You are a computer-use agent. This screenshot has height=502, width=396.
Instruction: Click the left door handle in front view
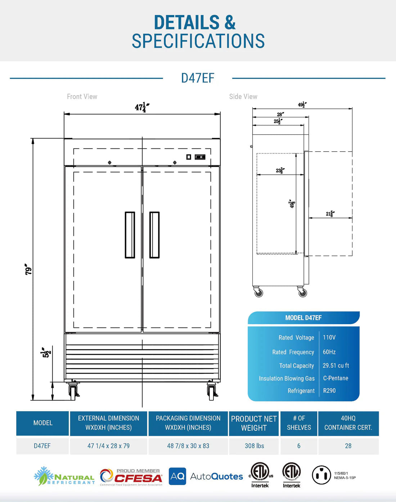(130, 235)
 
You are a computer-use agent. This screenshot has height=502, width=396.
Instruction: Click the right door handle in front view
(154, 235)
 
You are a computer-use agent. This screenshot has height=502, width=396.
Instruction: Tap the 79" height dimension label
(28, 269)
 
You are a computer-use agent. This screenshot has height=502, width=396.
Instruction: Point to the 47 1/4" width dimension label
(142, 107)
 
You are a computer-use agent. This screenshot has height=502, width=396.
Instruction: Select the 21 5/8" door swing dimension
(330, 214)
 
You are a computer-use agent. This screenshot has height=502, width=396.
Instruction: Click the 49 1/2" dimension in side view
(302, 105)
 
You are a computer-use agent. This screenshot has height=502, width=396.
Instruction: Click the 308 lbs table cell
(254, 446)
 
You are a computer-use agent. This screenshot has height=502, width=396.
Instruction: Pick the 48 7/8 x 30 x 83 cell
(188, 446)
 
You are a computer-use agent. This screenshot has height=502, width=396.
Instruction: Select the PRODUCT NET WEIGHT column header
(254, 423)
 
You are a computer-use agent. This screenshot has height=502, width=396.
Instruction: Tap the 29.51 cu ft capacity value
(336, 366)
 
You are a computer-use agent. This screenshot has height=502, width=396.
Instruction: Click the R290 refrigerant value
(329, 391)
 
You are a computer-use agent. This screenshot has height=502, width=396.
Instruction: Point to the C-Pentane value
(336, 378)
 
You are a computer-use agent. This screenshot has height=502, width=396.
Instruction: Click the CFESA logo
(131, 477)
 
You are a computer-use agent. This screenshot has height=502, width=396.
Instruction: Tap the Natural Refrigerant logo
(64, 476)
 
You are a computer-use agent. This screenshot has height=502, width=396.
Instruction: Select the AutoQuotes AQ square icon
(177, 476)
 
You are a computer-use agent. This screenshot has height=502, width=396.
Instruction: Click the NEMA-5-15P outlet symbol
(321, 475)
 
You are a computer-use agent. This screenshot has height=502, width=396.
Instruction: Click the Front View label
(82, 97)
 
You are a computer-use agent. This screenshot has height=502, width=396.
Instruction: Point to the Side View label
(243, 97)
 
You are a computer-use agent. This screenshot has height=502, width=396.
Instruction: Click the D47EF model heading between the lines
(198, 78)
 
